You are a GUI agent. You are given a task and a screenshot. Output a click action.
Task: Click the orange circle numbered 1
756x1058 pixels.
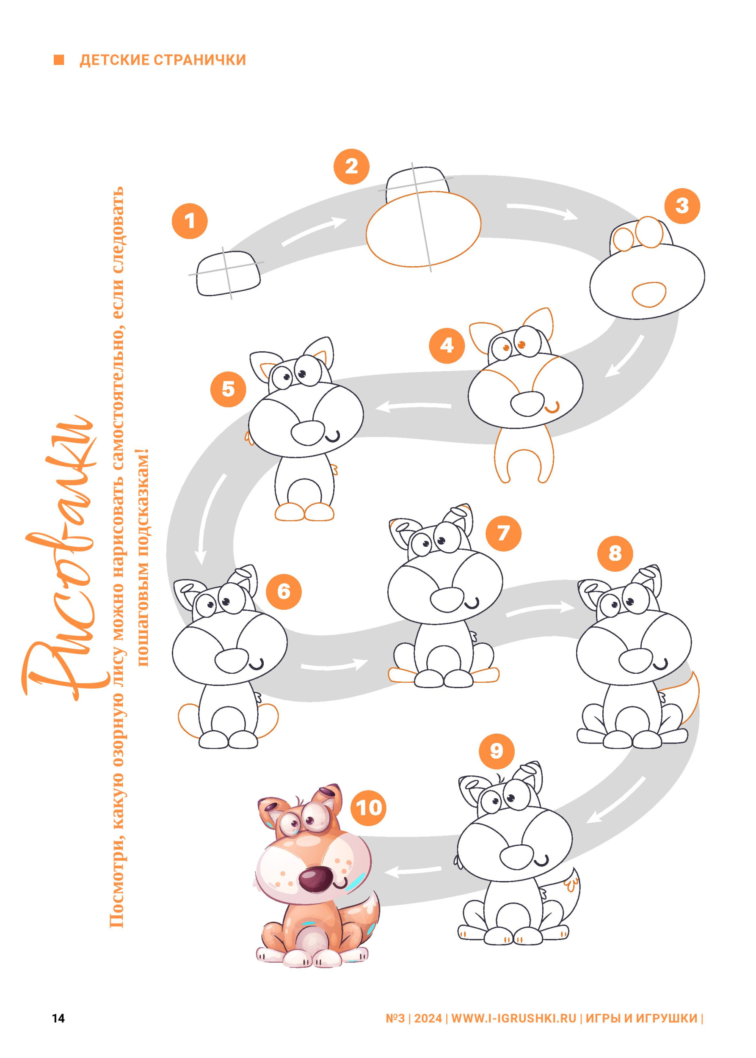click(x=190, y=220)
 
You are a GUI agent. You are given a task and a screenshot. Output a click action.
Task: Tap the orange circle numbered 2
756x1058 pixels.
click(x=351, y=166)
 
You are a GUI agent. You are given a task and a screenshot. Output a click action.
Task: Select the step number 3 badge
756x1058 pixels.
click(x=682, y=206)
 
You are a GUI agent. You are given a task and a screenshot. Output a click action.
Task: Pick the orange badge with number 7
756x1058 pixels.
click(x=503, y=533)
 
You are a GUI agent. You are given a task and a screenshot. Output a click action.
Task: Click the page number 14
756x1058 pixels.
click(x=58, y=1018)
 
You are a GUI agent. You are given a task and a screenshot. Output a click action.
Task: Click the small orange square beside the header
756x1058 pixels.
click(x=59, y=60)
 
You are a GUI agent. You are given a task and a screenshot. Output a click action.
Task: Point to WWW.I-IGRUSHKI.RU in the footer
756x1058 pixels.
click(x=514, y=1018)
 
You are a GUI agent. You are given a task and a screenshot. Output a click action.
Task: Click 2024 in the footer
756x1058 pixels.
click(x=428, y=1018)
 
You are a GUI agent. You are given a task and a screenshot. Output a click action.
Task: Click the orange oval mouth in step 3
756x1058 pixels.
click(x=649, y=294)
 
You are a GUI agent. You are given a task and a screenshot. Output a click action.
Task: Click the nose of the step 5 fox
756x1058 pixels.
click(x=307, y=433)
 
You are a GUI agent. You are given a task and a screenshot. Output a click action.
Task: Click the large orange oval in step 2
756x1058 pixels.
click(x=423, y=229)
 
